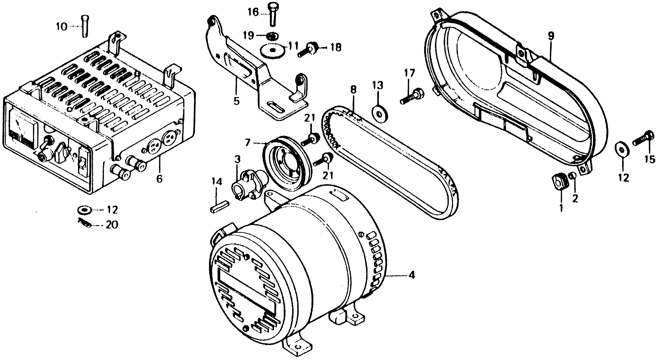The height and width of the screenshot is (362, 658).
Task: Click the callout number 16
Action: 253,12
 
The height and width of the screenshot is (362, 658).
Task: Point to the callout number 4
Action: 411,275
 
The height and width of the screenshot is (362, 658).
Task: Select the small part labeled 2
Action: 573,176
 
